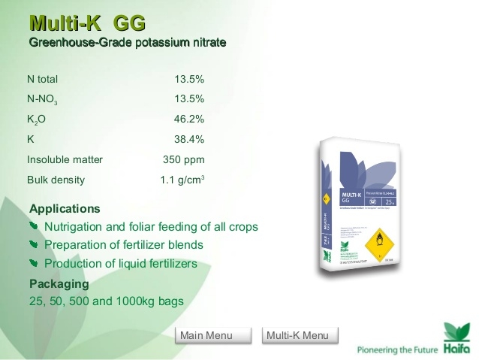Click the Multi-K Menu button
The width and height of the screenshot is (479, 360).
[297, 335]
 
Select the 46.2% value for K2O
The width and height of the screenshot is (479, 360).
[189, 119]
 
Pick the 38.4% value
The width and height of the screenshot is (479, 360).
[189, 139]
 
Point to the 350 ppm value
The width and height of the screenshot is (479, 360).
[184, 159]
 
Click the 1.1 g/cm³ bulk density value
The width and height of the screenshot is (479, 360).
[182, 180]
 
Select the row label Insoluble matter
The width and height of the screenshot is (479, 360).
[65, 159]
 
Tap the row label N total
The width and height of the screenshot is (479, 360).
[42, 79]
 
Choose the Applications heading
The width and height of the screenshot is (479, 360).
[65, 208]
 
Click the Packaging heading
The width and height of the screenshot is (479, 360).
[59, 284]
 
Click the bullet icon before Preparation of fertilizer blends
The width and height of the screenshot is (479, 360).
[33, 245]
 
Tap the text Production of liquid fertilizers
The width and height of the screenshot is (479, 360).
[121, 264]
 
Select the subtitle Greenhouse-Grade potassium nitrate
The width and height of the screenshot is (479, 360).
[127, 41]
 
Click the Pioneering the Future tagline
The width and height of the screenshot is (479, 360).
[395, 349]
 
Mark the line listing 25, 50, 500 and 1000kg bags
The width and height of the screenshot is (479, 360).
[106, 302]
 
